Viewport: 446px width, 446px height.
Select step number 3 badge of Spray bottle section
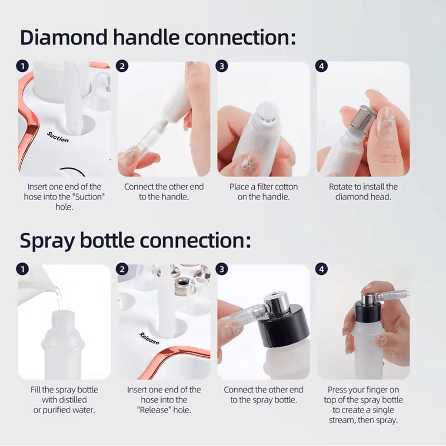(222, 269)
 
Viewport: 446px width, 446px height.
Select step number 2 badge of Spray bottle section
(122, 269)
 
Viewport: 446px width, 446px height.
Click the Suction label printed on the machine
(58, 136)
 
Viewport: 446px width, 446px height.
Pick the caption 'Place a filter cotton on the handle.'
(263, 192)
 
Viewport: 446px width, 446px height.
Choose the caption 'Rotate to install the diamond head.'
(363, 192)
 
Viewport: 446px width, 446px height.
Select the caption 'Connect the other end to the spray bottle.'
(263, 395)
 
